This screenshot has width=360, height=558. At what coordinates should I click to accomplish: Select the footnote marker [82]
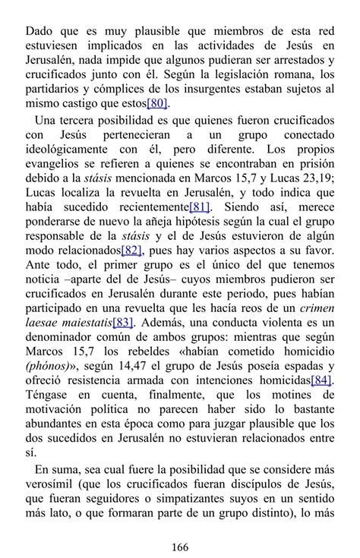point(131,250)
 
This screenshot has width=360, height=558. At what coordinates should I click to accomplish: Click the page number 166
point(180,547)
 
